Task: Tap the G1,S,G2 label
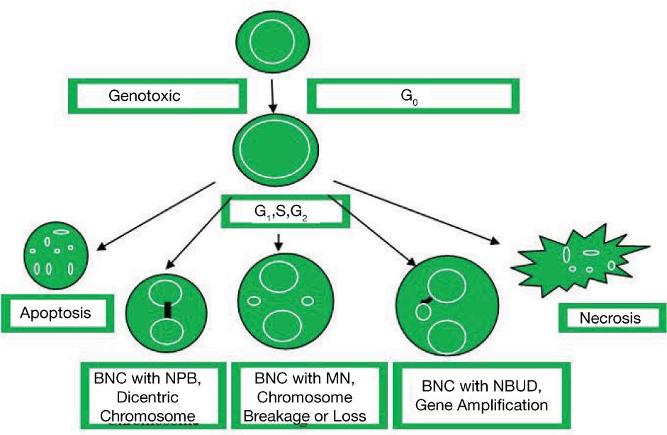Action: tap(283, 211)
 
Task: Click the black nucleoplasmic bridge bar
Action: tap(168, 309)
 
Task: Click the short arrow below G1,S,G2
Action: tap(279, 241)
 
